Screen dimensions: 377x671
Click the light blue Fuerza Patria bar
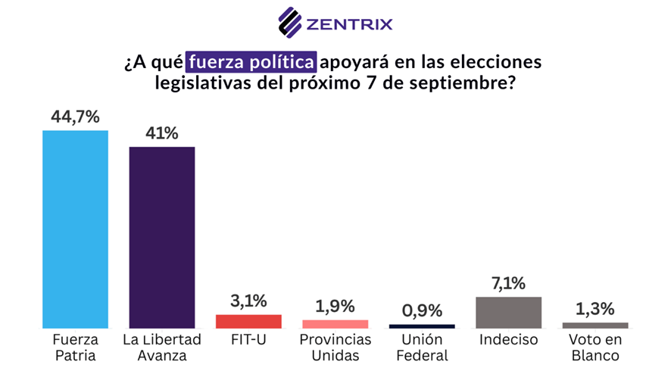75,229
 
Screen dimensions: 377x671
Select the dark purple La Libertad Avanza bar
162,237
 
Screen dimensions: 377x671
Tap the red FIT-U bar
248,321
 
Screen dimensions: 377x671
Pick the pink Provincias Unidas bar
335,324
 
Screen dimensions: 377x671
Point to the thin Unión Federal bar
422,326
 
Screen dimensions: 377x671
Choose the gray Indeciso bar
508,312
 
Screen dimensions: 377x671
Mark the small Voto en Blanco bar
595,325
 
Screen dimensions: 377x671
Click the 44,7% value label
75,117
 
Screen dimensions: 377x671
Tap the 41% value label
162,133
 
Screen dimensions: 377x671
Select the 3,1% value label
248,301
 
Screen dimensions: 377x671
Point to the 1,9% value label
335,307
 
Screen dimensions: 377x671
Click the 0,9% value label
422,310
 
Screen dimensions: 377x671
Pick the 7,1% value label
508,283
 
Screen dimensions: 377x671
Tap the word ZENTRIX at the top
349,23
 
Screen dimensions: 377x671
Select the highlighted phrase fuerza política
252,60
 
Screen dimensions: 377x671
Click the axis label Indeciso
508,340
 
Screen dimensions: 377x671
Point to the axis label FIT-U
248,340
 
